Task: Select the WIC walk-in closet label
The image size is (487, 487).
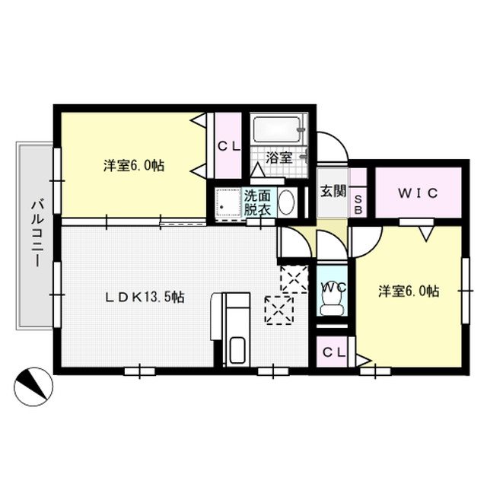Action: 418,193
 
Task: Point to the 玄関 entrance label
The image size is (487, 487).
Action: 332,191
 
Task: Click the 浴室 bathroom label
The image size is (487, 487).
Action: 279,158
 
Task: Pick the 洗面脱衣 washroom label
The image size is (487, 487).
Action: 257,202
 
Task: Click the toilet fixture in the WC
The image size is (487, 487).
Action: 332,303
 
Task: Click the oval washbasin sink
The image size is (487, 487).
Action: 288,203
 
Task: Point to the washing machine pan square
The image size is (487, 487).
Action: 227,202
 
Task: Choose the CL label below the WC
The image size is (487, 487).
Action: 333,352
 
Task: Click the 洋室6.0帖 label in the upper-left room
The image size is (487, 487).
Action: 135,164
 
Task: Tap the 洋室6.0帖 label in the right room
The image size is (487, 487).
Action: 409,290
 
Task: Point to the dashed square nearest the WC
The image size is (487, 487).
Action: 293,279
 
